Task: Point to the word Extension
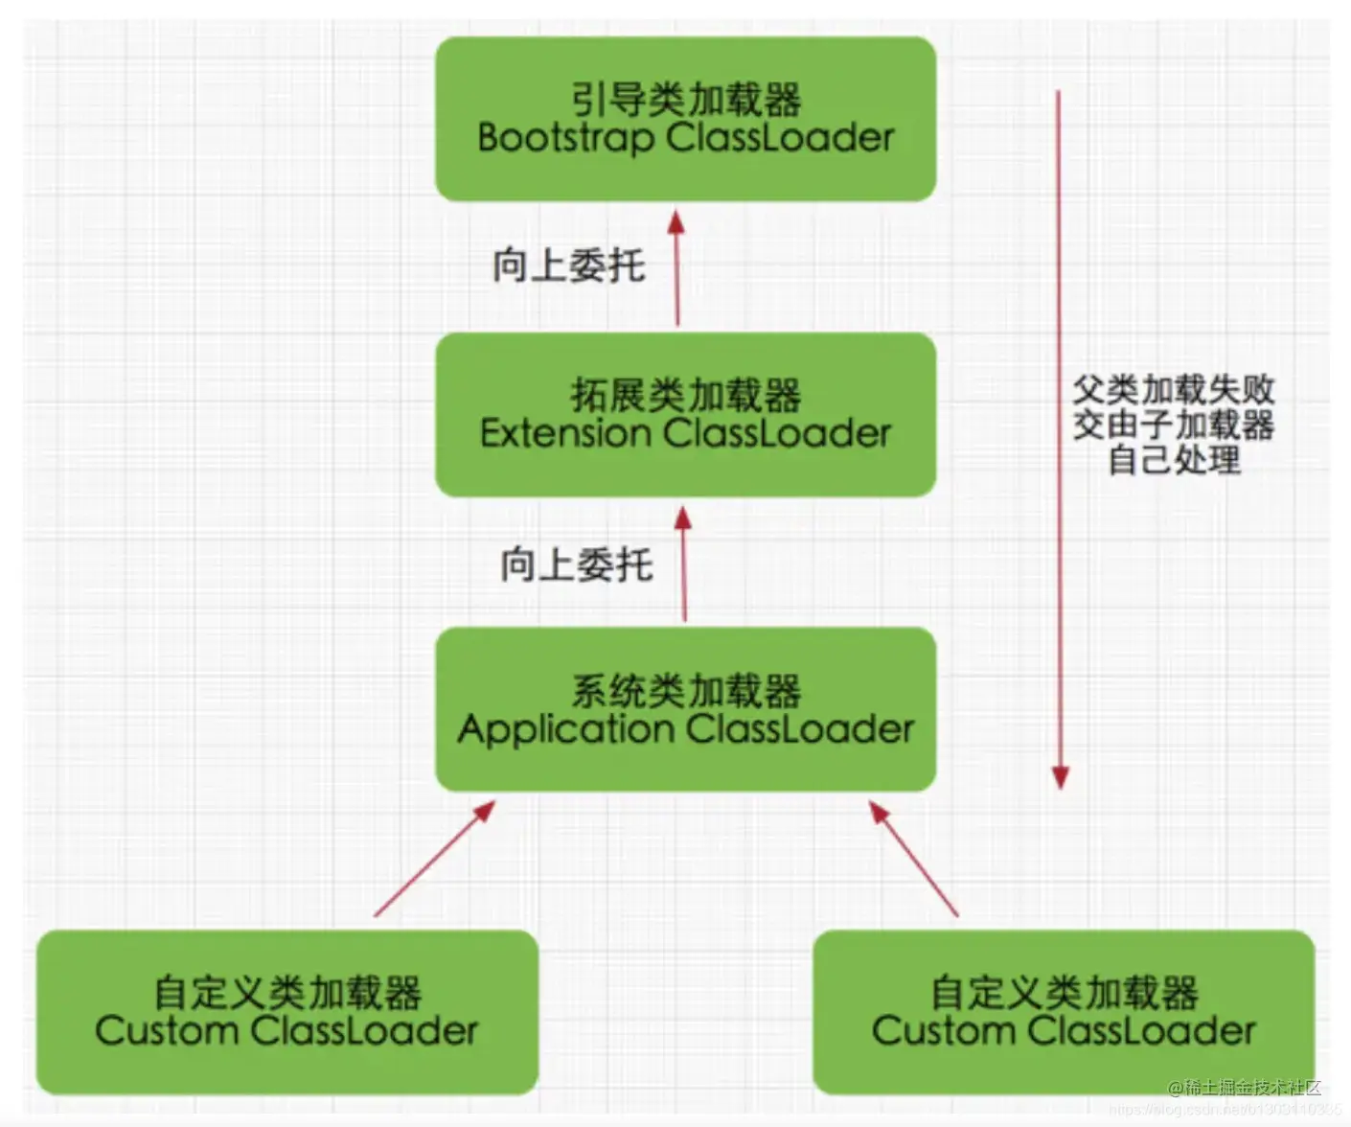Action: (565, 434)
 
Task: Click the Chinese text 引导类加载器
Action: (685, 100)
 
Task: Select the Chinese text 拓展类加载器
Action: (685, 395)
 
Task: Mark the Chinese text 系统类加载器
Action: (685, 690)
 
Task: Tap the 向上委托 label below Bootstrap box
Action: (569, 265)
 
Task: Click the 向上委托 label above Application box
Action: (576, 564)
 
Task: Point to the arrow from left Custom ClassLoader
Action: (434, 859)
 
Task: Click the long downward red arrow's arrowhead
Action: (1060, 776)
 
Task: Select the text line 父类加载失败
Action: (1173, 390)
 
